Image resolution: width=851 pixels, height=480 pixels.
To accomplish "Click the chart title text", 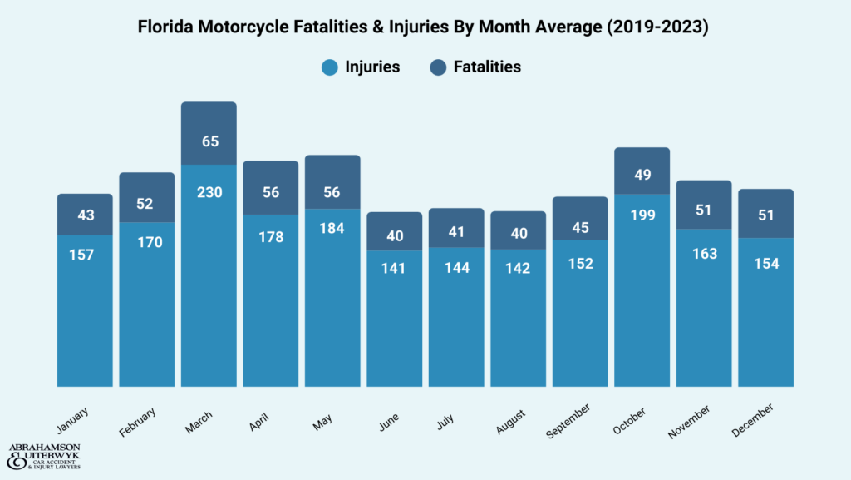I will (425, 27).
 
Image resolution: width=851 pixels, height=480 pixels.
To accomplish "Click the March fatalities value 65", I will (209, 141).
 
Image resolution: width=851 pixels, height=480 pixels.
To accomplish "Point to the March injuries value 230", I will (209, 191).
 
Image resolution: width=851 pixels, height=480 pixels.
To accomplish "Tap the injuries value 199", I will (642, 215).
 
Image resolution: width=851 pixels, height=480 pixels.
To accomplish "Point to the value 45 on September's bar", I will (580, 228).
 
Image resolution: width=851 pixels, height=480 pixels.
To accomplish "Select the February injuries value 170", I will (147, 243).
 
